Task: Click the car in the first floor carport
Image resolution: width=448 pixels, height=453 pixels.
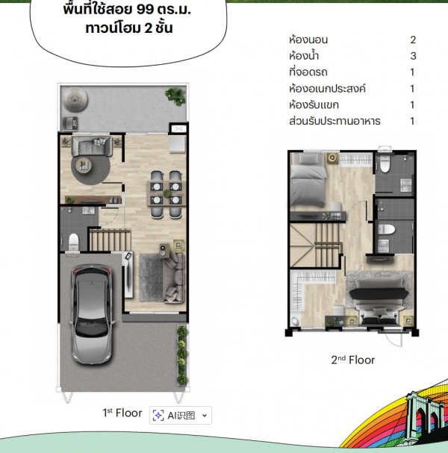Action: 92,314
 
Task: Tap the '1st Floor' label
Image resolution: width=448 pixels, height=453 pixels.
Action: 122,413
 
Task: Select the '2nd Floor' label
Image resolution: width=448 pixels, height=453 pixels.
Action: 352,360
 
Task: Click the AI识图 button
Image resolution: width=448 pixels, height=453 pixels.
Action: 181,416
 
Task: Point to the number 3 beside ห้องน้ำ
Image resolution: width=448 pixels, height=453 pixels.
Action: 413,56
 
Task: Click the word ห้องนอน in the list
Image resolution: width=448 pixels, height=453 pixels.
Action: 308,40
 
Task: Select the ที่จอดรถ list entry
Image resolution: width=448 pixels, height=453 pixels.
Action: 308,72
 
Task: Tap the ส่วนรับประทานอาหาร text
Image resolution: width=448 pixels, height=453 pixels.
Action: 335,121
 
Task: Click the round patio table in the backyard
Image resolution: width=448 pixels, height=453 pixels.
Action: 75,99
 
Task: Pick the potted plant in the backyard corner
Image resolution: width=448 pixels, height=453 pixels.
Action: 175,96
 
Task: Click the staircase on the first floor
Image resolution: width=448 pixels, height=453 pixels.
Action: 110,240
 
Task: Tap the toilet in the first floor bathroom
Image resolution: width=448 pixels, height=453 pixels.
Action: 73,242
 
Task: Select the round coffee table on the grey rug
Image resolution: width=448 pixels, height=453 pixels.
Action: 84,166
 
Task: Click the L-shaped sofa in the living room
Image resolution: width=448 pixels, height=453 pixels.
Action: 174,278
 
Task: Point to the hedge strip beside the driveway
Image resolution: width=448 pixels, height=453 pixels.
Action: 182,355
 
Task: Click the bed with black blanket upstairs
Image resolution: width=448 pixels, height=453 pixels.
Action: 379,302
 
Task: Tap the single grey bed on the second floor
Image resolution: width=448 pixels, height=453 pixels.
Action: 308,180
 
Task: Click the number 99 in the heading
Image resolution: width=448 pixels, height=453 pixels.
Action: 145,10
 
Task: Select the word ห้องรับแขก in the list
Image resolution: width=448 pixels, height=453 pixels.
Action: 314,104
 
